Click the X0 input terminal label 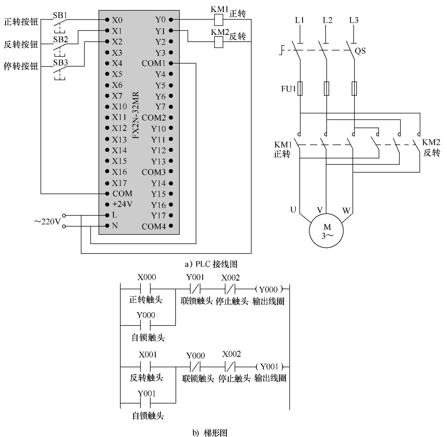point(117,20)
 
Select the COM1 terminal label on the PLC point(154,63)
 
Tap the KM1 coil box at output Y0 point(219,20)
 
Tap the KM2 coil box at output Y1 point(219,42)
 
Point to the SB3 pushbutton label point(60,63)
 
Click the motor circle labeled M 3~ point(326,231)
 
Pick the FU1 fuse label point(288,89)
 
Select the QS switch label point(360,51)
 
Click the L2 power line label point(327,20)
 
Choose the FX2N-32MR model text point(136,115)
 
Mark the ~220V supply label point(47,222)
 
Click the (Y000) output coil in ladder point(269,289)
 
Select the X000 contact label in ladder point(146,277)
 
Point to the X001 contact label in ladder point(148,355)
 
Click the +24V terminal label point(122,204)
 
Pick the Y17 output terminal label point(158,216)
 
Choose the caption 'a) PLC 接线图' point(211,264)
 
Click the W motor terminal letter point(346,211)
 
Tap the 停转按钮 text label point(21,66)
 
